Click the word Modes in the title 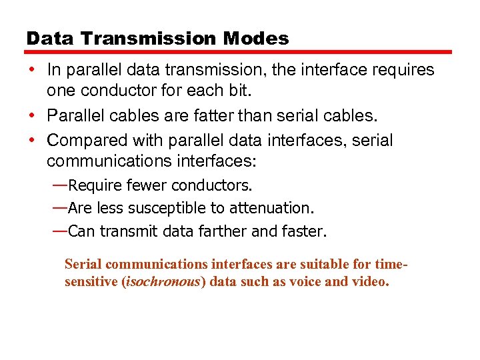coord(257,39)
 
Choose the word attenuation coord(273,208)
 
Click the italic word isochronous coord(171,281)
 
